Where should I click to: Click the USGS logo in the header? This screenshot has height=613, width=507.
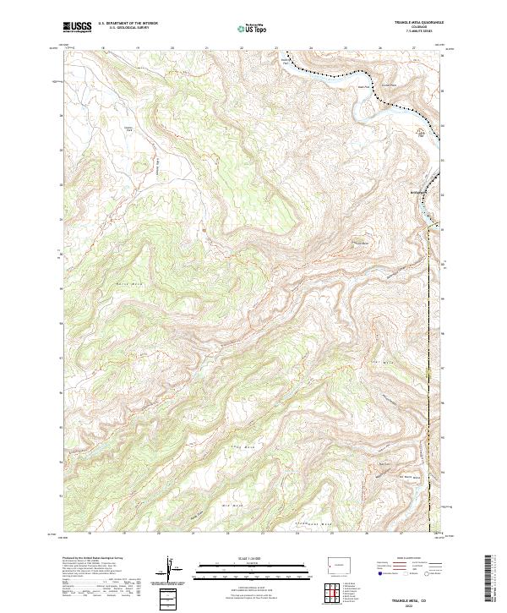(x=78, y=27)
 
